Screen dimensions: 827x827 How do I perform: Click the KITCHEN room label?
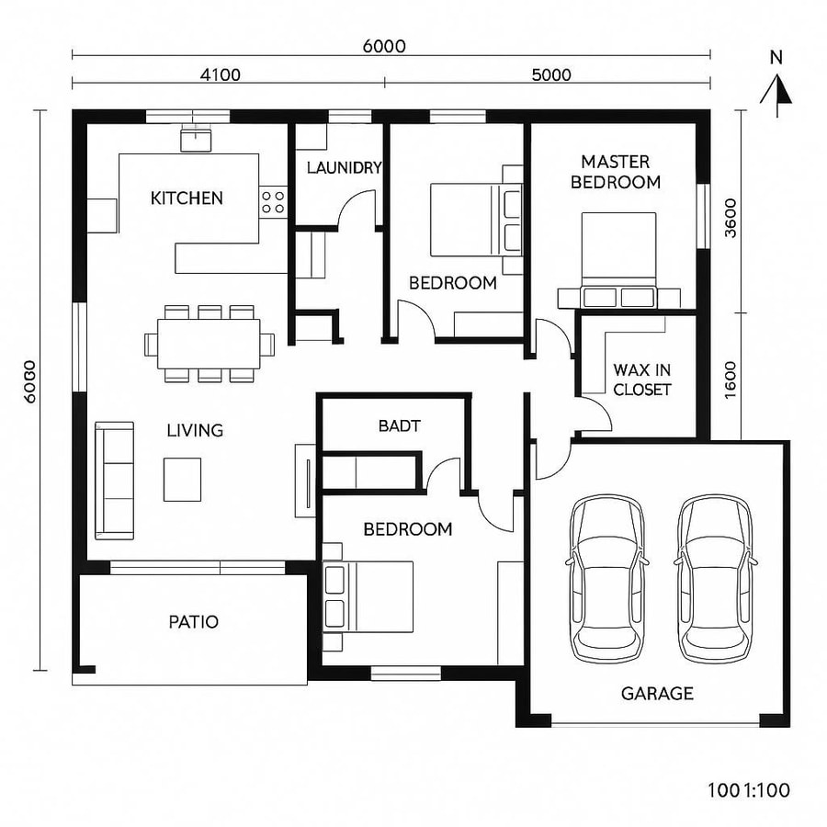tap(187, 198)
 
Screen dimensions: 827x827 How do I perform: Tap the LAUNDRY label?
tap(344, 167)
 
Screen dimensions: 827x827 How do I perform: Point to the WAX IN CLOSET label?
tap(642, 380)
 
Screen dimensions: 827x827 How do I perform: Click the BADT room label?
tap(399, 425)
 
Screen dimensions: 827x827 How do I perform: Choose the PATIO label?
tap(194, 622)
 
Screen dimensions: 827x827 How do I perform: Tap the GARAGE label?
tap(657, 694)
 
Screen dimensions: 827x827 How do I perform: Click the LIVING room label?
tap(195, 430)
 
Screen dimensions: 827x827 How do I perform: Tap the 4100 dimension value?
tap(221, 74)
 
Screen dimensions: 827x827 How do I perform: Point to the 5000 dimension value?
tap(551, 74)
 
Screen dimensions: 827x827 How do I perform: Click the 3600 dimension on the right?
tap(731, 219)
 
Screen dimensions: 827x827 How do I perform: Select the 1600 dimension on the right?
tap(731, 377)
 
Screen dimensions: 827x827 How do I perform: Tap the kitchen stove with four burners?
tap(273, 201)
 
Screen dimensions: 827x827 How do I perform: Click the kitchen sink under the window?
tap(196, 139)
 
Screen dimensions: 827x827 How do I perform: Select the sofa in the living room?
tap(115, 480)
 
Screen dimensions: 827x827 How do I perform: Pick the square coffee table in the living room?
tap(182, 479)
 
